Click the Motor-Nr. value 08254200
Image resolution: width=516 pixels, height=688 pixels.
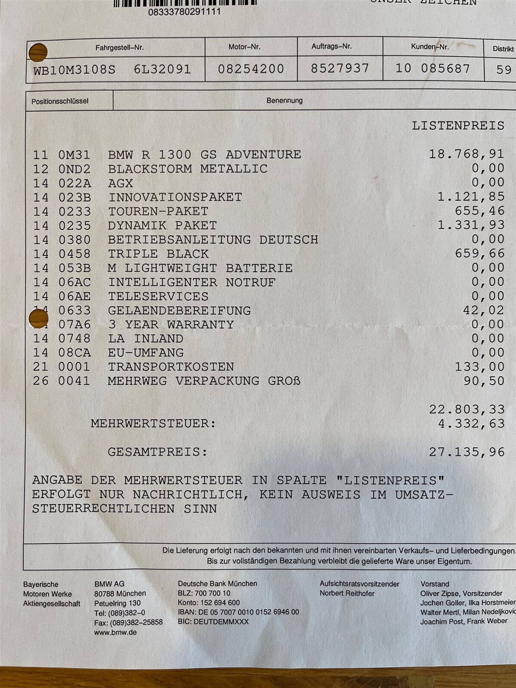point(251,69)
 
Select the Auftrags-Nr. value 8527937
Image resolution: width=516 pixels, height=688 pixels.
point(340,69)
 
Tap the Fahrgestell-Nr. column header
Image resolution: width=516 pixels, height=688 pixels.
point(120,48)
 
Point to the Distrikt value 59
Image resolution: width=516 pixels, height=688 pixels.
point(504,69)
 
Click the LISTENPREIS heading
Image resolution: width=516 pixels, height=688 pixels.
point(458,125)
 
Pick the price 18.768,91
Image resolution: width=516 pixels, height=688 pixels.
point(466,154)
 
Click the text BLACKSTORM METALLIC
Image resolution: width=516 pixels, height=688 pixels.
point(188,169)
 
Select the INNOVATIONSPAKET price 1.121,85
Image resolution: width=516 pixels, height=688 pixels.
point(470,197)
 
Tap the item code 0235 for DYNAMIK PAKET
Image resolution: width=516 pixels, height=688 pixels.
point(74,225)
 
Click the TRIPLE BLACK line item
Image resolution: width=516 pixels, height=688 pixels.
point(158,254)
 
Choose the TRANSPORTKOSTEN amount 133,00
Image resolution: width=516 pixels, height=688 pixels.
point(479,367)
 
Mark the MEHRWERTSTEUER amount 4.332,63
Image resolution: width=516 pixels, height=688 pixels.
point(471,423)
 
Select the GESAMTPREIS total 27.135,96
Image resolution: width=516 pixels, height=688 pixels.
point(466,452)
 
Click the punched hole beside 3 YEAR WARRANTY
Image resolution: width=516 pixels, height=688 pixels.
point(38,319)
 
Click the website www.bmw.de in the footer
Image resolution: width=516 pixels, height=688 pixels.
point(116,632)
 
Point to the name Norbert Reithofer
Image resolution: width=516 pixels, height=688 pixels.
point(347,593)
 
